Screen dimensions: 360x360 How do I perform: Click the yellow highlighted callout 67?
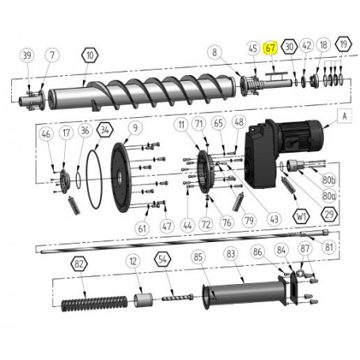(271, 47)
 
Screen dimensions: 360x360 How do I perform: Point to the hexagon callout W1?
(301, 215)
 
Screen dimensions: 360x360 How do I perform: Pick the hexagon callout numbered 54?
(161, 259)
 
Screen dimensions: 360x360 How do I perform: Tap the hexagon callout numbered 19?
(342, 46)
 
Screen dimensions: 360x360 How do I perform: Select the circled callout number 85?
(198, 256)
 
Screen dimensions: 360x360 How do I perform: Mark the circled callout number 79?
(248, 219)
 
